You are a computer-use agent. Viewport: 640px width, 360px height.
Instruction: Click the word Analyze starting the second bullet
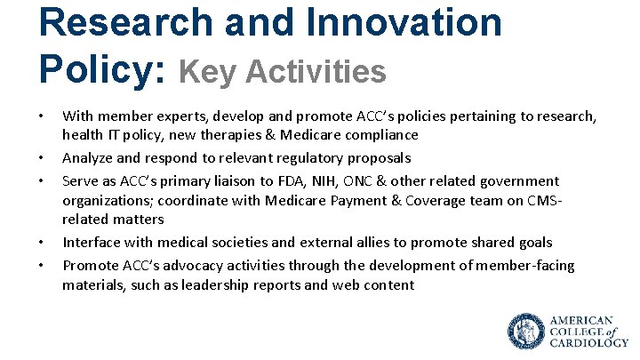tap(89, 158)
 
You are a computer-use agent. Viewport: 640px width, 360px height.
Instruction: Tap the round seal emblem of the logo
tap(525, 331)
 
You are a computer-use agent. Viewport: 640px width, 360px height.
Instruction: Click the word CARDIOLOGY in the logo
tap(588, 342)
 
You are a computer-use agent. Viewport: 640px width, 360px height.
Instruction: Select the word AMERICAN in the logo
tap(581, 319)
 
